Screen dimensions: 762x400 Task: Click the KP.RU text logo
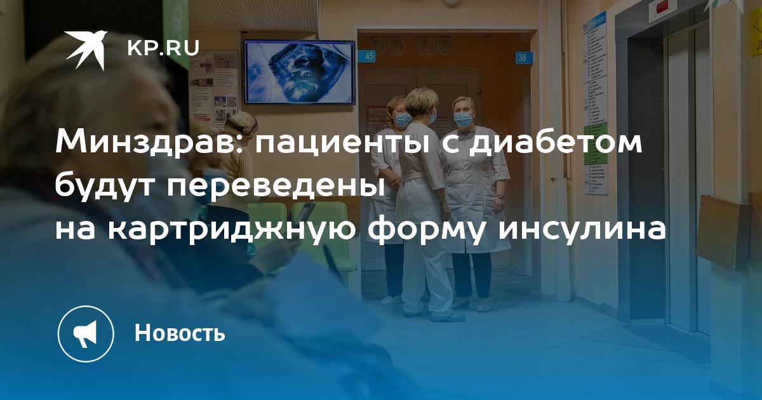[x=163, y=48]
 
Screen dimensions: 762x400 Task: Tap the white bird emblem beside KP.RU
[x=86, y=50]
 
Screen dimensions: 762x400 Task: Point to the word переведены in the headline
[x=275, y=187]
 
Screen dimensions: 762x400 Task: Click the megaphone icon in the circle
[x=86, y=333]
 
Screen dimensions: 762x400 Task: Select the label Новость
[x=180, y=332]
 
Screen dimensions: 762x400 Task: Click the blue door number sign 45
[x=369, y=56]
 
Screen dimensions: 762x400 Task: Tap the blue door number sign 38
[x=523, y=58]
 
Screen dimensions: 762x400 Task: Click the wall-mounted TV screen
[x=300, y=72]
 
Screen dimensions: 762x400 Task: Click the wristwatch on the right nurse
[x=499, y=196]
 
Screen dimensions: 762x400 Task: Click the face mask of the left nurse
[x=403, y=119]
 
